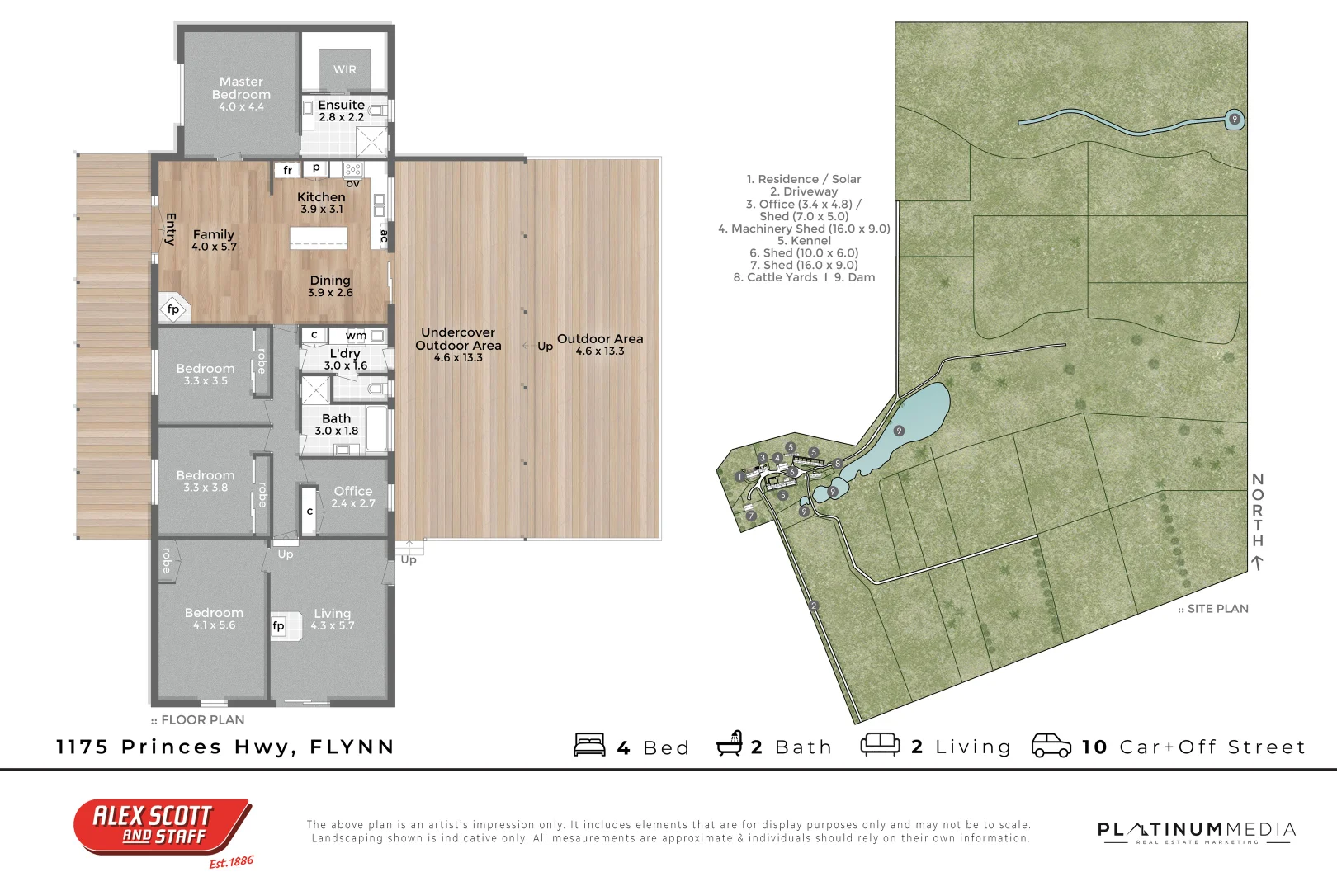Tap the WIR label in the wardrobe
tap(345, 70)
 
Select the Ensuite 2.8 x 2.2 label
tap(341, 111)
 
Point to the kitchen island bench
tap(319, 238)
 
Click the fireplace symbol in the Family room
tap(173, 309)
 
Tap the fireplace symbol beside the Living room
tap(279, 625)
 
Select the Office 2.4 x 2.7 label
tap(353, 497)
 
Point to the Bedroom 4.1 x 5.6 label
tap(214, 618)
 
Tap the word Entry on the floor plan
tap(170, 229)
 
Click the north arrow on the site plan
tap(1257, 563)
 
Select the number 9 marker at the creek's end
tap(1235, 119)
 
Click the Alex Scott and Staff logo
tap(163, 827)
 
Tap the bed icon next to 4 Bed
tap(589, 745)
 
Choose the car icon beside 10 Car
tap(1051, 745)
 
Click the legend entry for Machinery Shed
tap(804, 229)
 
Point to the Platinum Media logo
tap(1196, 832)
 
